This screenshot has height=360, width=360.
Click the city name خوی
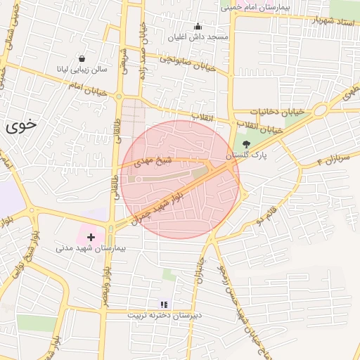coord(20,127)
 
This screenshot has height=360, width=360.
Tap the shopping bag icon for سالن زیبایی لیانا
coord(83,59)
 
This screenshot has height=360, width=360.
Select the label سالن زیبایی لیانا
coord(83,70)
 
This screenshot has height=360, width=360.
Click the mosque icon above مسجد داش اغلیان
coord(197,27)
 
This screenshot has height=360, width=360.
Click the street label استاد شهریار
coord(328,20)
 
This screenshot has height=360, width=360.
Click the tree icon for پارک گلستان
coord(245,143)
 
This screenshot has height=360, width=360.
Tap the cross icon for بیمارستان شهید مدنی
coord(91,238)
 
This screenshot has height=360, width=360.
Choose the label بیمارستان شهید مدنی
coord(91,249)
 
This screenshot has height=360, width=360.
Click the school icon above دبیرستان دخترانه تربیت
coord(164,304)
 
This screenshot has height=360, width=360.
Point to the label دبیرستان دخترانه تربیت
coord(164,315)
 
